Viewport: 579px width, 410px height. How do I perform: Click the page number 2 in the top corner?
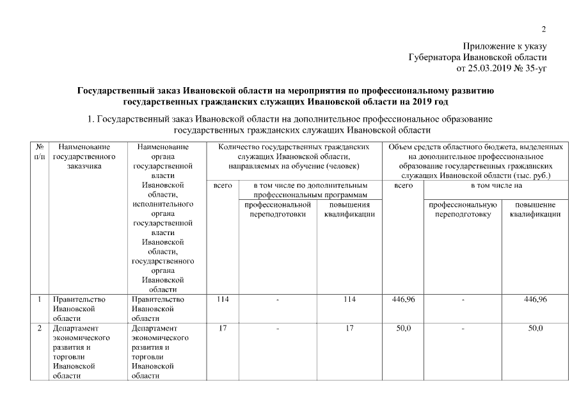pos(544,28)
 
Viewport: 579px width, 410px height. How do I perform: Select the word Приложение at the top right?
pos(485,46)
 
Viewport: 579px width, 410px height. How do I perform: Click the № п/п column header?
pos(40,151)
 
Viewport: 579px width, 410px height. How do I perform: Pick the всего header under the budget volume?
pos(403,185)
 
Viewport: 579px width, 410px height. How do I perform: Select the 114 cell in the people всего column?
pos(221,299)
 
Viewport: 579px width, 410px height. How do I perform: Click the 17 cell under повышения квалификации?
pos(349,329)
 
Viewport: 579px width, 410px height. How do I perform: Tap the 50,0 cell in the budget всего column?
pos(403,329)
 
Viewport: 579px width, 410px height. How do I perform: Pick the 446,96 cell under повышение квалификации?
pos(535,299)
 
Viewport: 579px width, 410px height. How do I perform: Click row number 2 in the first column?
pos(40,329)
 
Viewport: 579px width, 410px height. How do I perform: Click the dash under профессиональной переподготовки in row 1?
pos(278,299)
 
